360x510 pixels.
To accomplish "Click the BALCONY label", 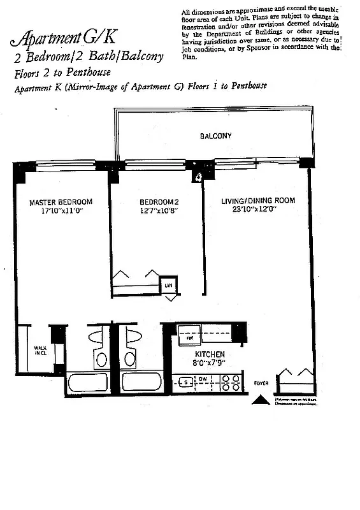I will coord(215,136).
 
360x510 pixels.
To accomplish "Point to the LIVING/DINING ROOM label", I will coord(258,201).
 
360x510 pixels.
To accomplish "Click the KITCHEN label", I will coord(210,354).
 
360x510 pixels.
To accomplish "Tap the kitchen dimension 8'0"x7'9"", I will coord(210,363).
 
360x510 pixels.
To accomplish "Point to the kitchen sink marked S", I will coord(185,382).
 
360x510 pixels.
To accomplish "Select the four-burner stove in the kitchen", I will coord(230,382).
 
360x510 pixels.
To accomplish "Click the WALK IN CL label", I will coord(40,351).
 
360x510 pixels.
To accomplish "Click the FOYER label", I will coord(261,384).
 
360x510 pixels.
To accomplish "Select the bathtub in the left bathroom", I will coord(87,382).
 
